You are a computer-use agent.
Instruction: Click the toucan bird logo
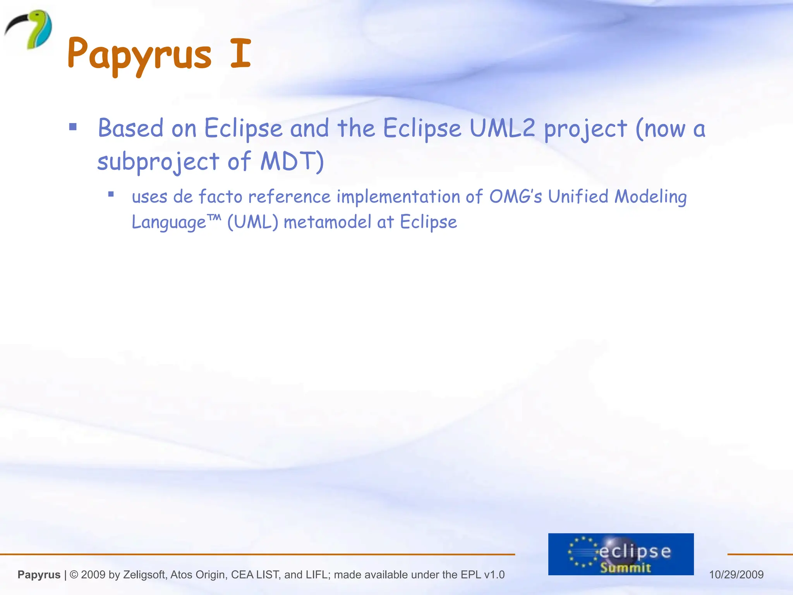pyautogui.click(x=29, y=29)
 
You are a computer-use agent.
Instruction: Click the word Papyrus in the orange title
pyautogui.click(x=139, y=54)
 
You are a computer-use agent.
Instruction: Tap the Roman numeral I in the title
pyautogui.click(x=240, y=53)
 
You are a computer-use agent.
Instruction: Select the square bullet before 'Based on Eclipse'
pyautogui.click(x=73, y=127)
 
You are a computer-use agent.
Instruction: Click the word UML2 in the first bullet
pyautogui.click(x=502, y=128)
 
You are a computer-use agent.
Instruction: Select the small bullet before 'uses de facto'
pyautogui.click(x=111, y=194)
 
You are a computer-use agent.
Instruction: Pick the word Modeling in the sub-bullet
pyautogui.click(x=651, y=197)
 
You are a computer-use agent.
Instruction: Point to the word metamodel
pyautogui.click(x=328, y=222)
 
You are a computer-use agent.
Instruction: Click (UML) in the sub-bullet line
pyautogui.click(x=252, y=222)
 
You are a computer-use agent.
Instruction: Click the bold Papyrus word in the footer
pyautogui.click(x=39, y=574)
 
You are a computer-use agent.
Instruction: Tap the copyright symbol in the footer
pyautogui.click(x=74, y=574)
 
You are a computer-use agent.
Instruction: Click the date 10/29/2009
pyautogui.click(x=736, y=574)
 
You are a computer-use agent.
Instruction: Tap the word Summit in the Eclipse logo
pyautogui.click(x=625, y=567)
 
